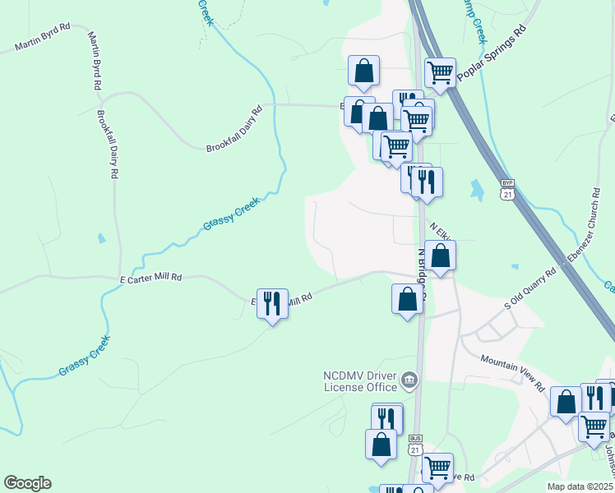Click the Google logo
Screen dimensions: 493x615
point(27,483)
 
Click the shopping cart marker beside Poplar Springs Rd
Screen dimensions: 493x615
point(440,72)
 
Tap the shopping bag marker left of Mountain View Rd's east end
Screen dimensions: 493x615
point(566,402)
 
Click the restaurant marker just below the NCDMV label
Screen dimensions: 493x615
point(386,417)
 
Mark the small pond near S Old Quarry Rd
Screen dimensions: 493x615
point(515,267)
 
